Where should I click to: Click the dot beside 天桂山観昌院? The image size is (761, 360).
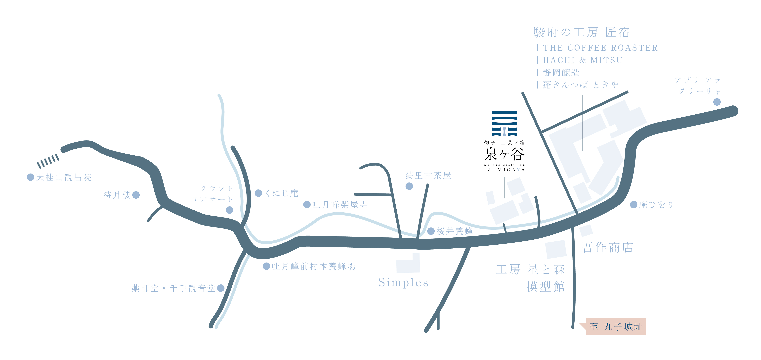coord(30,177)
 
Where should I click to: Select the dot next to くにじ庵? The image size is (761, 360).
coord(258,193)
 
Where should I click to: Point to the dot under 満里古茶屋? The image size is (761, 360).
coord(409,186)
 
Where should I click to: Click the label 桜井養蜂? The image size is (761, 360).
coord(455,231)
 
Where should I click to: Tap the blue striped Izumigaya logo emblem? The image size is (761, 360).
coord(504,124)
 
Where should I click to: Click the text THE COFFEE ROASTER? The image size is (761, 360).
coord(600,48)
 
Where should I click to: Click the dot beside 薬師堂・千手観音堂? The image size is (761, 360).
coord(221,288)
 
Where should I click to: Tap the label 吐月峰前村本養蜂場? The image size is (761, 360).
coord(314,266)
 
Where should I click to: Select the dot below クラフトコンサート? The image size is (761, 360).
coord(230,210)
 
